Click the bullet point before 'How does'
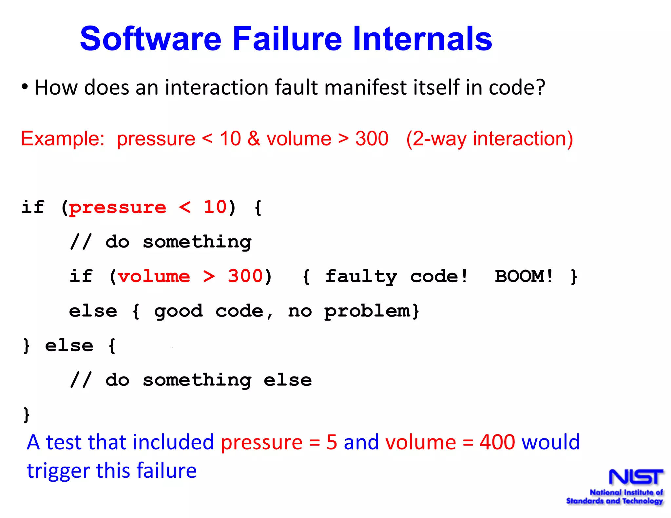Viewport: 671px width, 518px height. [25, 87]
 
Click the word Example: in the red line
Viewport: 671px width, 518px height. [63, 139]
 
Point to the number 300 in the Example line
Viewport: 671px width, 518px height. [372, 139]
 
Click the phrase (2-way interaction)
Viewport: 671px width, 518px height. [489, 139]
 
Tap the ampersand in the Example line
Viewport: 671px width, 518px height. [254, 139]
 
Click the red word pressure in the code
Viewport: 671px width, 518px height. [118, 208]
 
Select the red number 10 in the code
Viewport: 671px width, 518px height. [215, 207]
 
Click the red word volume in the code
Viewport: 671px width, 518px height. [154, 276]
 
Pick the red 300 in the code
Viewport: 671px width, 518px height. [245, 276]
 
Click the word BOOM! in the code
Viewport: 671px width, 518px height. [524, 276]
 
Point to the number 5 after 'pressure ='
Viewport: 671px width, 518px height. [332, 442]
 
